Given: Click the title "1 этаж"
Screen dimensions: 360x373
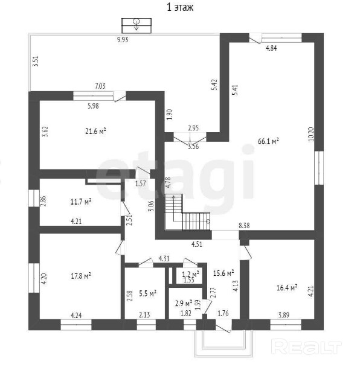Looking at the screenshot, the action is [180, 7].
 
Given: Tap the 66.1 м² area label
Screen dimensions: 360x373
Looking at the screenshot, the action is [268, 141].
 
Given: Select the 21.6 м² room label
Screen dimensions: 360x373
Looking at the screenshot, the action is [95, 131].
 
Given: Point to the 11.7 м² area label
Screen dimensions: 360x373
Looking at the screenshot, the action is [81, 202].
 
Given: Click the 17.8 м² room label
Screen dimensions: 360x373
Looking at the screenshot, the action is [81, 276].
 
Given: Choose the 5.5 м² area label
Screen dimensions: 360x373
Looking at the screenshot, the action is [147, 293].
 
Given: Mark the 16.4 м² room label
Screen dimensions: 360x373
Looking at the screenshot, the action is [287, 288].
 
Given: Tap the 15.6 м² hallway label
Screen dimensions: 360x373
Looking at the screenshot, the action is [223, 273].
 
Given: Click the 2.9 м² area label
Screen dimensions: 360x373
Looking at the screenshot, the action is [184, 304].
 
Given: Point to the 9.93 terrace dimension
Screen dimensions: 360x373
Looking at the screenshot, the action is [123, 39].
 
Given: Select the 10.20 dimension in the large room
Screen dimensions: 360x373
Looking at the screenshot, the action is [311, 134].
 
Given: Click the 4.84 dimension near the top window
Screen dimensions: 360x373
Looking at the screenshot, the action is [271, 48].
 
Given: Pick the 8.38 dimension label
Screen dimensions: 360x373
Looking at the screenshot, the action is [244, 225].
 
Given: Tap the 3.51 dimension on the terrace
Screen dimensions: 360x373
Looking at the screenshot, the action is [36, 61].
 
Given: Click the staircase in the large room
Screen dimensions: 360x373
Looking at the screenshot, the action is [188, 212].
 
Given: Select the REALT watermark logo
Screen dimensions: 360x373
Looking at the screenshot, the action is [307, 348].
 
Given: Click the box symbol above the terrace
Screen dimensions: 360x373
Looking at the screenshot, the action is [137, 25].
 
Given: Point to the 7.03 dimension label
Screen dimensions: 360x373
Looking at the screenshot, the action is [100, 86].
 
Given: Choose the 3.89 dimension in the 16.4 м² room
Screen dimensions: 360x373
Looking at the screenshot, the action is [283, 315].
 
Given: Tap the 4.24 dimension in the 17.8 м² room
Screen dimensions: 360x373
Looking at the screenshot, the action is [76, 316].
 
